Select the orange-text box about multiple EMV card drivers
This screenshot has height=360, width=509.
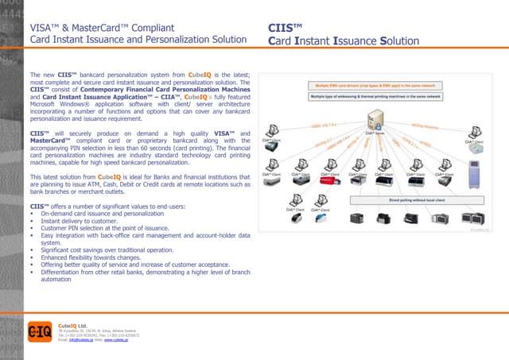(374, 83)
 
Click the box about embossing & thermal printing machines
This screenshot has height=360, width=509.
(375, 96)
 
